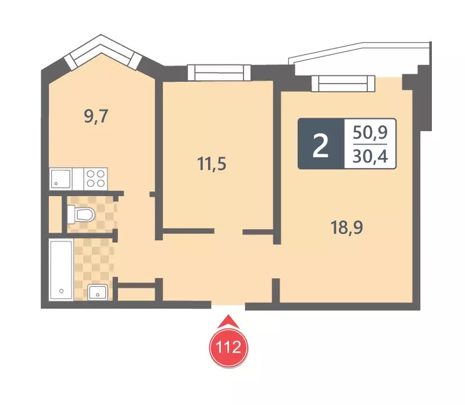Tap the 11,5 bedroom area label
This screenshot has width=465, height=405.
point(212,164)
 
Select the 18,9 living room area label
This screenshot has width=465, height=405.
point(346,227)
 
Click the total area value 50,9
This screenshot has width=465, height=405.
point(370,132)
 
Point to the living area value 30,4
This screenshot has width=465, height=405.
point(370,156)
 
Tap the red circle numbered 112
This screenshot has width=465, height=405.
point(228,346)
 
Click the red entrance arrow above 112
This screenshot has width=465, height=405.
point(228,321)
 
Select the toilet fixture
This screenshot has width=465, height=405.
point(81,214)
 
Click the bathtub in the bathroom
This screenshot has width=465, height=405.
point(61,270)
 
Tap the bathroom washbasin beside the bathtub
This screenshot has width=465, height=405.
point(98,292)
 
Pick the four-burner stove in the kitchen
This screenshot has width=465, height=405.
point(96,179)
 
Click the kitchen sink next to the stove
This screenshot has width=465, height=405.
point(61,179)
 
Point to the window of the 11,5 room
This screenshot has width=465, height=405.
point(219,73)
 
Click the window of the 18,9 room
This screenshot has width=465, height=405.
point(343,84)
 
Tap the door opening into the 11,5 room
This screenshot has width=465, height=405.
point(228,232)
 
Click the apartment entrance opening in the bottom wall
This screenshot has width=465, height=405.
point(228,306)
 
